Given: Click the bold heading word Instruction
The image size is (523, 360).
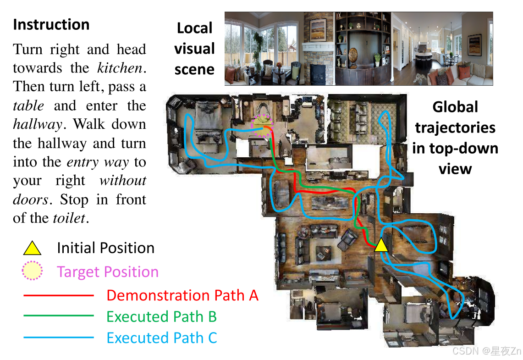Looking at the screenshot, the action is (51, 24).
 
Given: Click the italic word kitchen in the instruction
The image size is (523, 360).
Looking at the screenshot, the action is (120, 68).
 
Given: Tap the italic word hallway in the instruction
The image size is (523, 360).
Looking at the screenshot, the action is (36, 124).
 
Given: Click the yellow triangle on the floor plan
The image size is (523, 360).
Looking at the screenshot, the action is (381, 246).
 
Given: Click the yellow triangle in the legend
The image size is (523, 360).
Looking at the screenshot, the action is (32, 249).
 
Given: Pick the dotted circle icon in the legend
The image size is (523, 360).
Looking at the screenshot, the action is (32, 271).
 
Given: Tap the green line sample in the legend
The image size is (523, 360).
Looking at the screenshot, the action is (58, 316).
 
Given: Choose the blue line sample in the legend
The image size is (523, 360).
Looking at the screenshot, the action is (58, 338).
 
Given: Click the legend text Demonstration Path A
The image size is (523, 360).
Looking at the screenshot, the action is (182, 295).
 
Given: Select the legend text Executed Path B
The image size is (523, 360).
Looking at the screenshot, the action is (161, 316).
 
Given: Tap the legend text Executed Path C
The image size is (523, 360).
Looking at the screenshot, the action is (161, 338).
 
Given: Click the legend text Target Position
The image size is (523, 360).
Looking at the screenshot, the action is (108, 272).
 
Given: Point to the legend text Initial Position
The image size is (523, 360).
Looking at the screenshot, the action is (105, 248).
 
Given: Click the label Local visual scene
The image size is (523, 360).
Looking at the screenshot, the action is (195, 49).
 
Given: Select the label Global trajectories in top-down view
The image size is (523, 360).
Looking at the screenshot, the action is (455, 138).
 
